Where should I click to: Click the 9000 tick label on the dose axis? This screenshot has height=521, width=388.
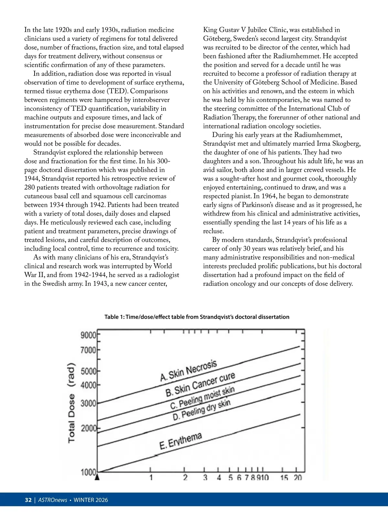pyautogui.click(x=88, y=335)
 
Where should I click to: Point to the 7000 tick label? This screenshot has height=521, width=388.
pyautogui.click(x=88, y=350)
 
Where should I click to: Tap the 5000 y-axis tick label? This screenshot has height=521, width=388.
pyautogui.click(x=88, y=371)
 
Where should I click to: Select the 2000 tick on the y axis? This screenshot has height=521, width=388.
pyautogui.click(x=88, y=429)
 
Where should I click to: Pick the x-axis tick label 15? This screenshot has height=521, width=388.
pyautogui.click(x=284, y=478)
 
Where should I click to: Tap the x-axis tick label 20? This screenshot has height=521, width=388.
pyautogui.click(x=297, y=478)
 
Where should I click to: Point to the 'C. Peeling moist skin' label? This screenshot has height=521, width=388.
pyautogui.click(x=202, y=398)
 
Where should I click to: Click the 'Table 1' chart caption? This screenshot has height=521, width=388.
pyautogui.click(x=197, y=317)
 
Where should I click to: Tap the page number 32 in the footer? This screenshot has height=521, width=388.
pyautogui.click(x=28, y=500)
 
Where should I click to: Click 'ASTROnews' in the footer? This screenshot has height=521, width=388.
pyautogui.click(x=52, y=500)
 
